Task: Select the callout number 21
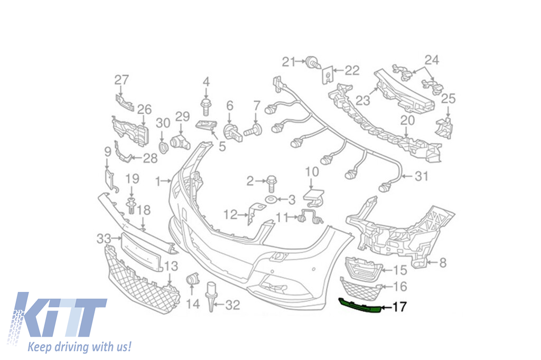[x=288, y=62]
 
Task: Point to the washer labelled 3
[x=270, y=200]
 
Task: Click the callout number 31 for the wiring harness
[x=421, y=177]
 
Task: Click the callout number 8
[x=443, y=261]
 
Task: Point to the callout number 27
[x=122, y=80]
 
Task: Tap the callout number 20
[x=407, y=120]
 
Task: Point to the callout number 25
[x=448, y=98]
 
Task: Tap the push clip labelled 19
[x=131, y=202]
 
